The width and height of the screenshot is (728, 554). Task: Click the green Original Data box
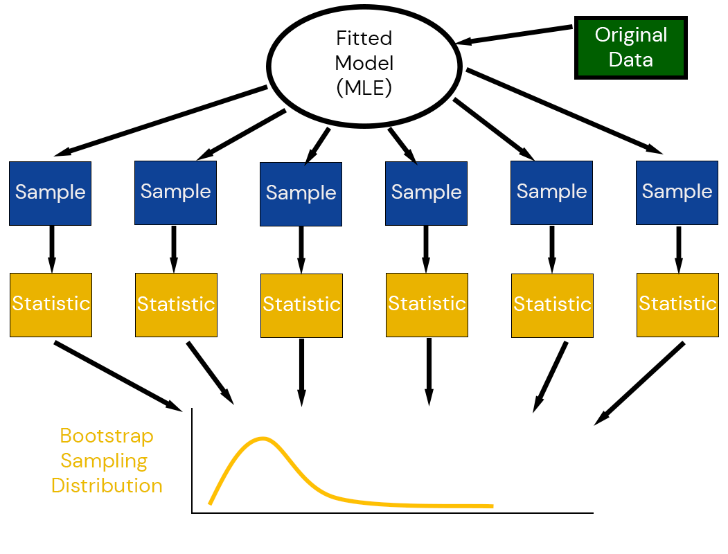point(630,47)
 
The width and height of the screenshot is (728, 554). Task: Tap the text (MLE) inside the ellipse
point(364,89)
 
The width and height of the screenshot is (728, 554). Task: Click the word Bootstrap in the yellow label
point(107,436)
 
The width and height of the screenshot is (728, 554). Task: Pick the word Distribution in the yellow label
point(107,485)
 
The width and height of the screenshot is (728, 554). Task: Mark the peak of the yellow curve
point(263,438)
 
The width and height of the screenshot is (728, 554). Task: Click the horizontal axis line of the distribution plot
point(392,513)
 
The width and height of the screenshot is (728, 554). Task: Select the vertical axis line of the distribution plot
point(192,461)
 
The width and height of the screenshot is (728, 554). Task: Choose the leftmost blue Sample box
point(50,193)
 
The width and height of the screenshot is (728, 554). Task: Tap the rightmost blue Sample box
point(677,193)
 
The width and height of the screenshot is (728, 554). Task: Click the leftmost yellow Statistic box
point(51,305)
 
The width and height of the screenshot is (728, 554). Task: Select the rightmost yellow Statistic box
point(677,305)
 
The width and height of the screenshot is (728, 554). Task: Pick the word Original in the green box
point(631,35)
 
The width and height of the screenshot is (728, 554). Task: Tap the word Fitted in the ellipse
point(364,38)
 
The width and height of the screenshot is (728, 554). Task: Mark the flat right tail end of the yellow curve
point(488,506)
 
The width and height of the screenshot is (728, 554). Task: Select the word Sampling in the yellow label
point(104,461)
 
